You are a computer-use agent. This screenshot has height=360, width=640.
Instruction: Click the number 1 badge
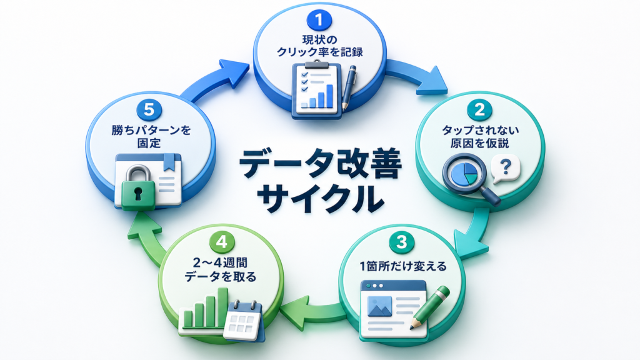(319, 20)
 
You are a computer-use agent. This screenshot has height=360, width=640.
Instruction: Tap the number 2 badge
(479, 109)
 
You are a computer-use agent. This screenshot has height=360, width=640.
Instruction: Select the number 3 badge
(402, 242)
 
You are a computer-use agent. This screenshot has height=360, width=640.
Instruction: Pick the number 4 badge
(222, 242)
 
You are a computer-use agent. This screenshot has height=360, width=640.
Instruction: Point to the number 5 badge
(149, 109)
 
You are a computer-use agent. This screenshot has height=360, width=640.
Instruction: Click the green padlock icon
(139, 187)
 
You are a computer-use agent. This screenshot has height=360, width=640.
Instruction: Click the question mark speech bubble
(506, 168)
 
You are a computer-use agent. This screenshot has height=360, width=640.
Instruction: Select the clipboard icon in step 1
(317, 90)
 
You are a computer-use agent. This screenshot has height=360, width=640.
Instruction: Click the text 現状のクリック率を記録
(319, 46)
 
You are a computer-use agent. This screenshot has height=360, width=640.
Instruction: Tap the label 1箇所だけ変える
(402, 266)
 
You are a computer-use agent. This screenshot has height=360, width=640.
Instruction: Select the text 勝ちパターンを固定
(151, 137)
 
